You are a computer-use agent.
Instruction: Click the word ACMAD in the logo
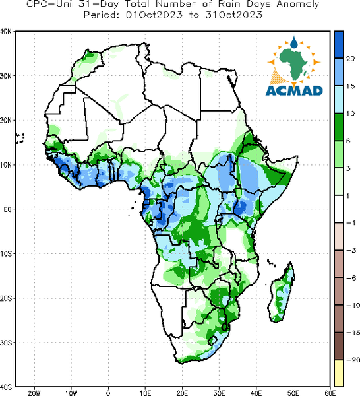coord(294,90)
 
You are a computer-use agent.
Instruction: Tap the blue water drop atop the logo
coord(294,42)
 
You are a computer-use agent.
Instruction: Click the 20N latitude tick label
coord(6,120)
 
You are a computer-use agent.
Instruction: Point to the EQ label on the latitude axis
coord(8,209)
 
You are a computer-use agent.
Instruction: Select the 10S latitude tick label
coord(6,254)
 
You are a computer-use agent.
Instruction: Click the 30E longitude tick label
coord(219,393)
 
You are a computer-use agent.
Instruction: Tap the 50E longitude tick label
coord(293,393)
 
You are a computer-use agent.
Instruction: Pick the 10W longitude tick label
coord(71,393)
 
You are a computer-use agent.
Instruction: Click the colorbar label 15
coord(350,86)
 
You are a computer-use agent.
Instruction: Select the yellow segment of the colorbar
coord(339,373)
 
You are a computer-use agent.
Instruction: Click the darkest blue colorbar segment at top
coord(339,45)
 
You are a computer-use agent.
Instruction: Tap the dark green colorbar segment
coord(339,127)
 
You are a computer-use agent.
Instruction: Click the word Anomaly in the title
coord(298,5)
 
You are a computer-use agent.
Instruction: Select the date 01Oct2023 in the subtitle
coord(154,15)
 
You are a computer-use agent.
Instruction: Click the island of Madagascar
coord(282,293)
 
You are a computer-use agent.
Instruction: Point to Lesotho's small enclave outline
coord(212,340)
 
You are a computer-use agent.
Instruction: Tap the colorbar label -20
coord(352,360)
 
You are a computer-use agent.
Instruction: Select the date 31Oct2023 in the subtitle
coord(233,15)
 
